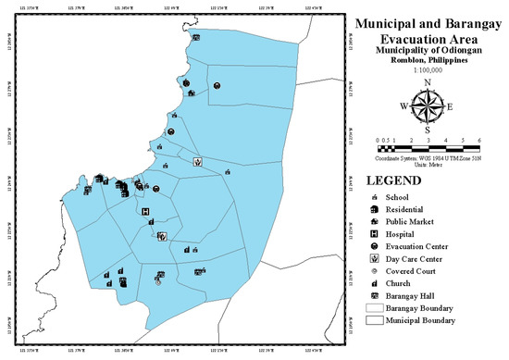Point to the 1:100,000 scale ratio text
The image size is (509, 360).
pyautogui.click(x=427, y=68)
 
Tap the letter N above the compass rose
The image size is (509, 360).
pyautogui.click(x=428, y=82)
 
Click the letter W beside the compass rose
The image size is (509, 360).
pyautogui.click(x=403, y=106)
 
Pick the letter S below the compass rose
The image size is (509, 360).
pyautogui.click(x=428, y=130)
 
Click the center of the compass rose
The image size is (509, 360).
pyautogui.click(x=428, y=106)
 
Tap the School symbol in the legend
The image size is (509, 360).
pyautogui.click(x=374, y=198)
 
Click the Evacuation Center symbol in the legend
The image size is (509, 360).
pyautogui.click(x=374, y=249)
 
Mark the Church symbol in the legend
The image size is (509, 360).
pyautogui.click(x=374, y=286)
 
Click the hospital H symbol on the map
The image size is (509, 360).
pyautogui.click(x=145, y=211)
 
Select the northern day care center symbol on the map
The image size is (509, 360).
pyautogui.click(x=198, y=161)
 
